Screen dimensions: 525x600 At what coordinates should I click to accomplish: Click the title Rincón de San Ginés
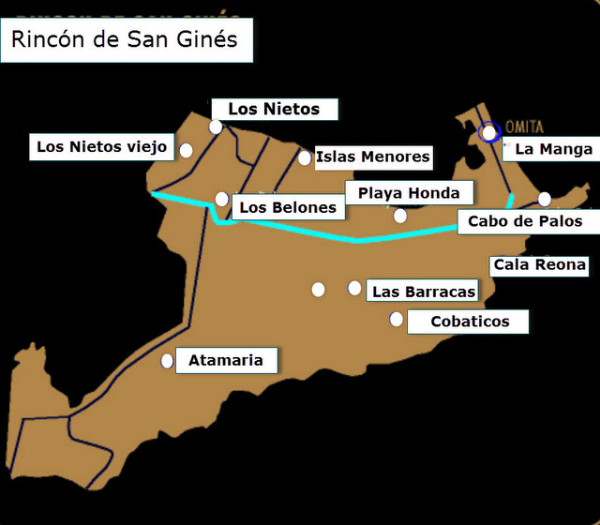tap(125, 40)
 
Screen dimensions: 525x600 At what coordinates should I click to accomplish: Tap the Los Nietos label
tap(274, 110)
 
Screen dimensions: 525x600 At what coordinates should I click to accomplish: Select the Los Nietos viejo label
tap(101, 146)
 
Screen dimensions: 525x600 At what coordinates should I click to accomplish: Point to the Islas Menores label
tap(373, 157)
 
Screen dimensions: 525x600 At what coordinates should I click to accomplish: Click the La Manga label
tap(554, 148)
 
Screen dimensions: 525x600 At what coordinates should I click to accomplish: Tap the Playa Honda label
tap(409, 193)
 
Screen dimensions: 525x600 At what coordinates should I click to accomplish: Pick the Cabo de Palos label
tap(525, 221)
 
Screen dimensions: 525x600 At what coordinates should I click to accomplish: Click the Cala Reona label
tap(540, 264)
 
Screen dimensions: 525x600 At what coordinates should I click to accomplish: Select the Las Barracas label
tap(424, 292)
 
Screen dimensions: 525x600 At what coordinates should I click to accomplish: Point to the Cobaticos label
tap(470, 322)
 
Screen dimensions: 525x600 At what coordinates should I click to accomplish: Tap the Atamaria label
tap(226, 360)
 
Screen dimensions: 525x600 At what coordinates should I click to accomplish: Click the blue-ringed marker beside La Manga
tap(488, 132)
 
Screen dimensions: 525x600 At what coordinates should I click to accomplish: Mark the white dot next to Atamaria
tap(168, 360)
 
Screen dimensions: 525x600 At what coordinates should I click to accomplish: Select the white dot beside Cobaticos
tap(397, 320)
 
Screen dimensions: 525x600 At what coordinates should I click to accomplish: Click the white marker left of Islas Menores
tap(305, 157)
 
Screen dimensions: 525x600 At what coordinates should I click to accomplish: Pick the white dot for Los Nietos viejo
tap(187, 150)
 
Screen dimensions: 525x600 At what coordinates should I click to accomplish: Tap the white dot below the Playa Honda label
tap(400, 216)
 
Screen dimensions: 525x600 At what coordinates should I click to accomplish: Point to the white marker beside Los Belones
tap(221, 199)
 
